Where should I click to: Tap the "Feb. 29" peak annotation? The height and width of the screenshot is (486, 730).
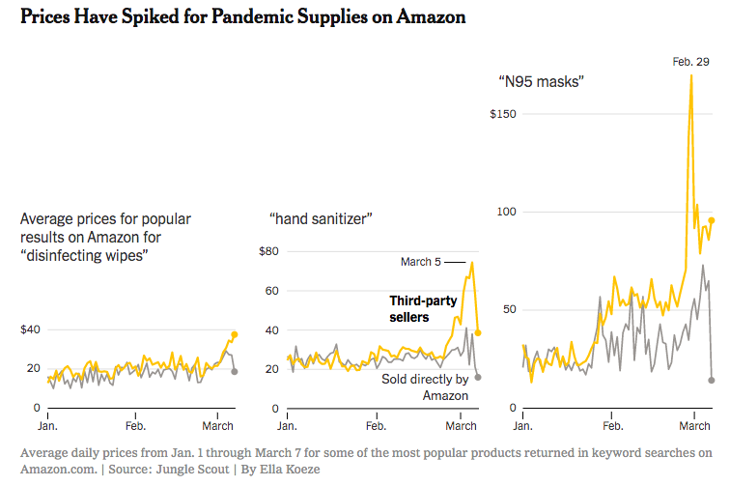pyautogui.click(x=690, y=62)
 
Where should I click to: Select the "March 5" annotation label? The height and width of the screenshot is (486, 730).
pyautogui.click(x=420, y=262)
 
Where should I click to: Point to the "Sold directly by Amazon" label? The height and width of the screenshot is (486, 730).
pyautogui.click(x=425, y=386)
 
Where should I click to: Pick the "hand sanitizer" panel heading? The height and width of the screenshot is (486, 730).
pyautogui.click(x=321, y=218)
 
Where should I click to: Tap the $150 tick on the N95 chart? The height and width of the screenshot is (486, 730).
pyautogui.click(x=503, y=114)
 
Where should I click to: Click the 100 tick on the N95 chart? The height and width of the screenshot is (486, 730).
pyautogui.click(x=508, y=212)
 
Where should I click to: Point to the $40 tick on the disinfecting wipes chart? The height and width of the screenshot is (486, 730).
pyautogui.click(x=31, y=329)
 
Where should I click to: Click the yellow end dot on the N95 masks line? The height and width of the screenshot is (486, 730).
pyautogui.click(x=712, y=220)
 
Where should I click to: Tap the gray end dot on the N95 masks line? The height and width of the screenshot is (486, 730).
pyautogui.click(x=712, y=380)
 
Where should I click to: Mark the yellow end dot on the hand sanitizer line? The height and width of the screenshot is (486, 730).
pyautogui.click(x=478, y=332)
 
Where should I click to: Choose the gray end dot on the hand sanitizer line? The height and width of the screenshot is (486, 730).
pyautogui.click(x=478, y=377)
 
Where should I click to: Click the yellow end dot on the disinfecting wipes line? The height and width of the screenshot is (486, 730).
pyautogui.click(x=234, y=334)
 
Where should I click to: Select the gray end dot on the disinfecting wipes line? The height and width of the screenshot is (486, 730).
pyautogui.click(x=234, y=371)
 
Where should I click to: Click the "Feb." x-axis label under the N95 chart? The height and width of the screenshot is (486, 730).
pyautogui.click(x=612, y=425)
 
